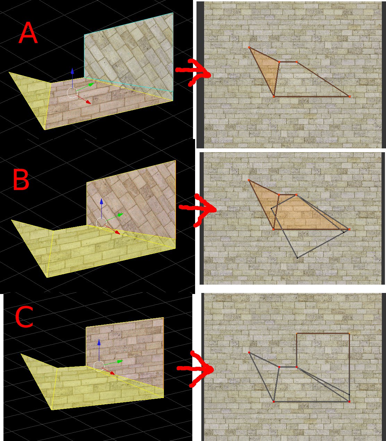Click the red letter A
(28, 33)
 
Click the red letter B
(21, 179)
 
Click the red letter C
(24, 317)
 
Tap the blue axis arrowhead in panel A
(72, 71)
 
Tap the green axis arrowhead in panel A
(92, 84)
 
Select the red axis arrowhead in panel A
(88, 102)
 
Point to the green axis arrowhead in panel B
(120, 215)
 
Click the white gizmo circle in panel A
(72, 93)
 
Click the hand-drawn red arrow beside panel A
(193, 73)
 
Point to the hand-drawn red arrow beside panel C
(195, 369)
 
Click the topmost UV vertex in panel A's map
(249, 47)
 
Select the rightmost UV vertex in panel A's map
(350, 96)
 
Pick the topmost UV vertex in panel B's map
(249, 180)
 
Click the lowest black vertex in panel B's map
(297, 258)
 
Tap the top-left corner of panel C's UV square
(297, 334)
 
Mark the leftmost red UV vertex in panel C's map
(249, 352)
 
